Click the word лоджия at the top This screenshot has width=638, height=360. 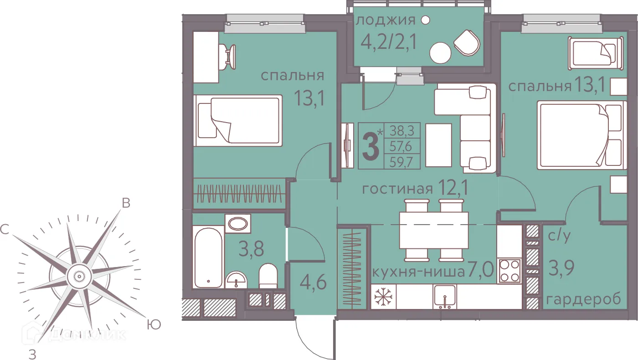(386, 21)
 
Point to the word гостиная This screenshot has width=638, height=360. (397, 189)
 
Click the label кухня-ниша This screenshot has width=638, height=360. (418, 273)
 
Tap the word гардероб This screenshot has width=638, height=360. (584, 299)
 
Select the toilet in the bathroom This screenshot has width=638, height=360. (268, 276)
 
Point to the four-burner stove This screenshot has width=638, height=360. (509, 270)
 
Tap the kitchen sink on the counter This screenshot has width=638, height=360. (445, 297)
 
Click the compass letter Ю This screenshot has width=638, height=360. (154, 324)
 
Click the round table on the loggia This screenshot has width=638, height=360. (441, 53)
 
